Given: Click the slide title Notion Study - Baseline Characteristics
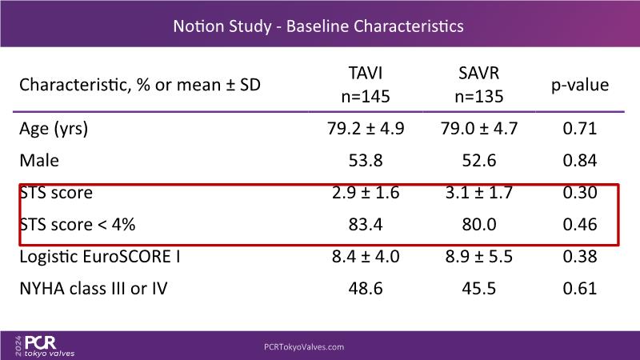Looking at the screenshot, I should click(319, 26).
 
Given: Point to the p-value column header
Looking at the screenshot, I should click(579, 84).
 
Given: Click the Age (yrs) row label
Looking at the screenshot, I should click(54, 129).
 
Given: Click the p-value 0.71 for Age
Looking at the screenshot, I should click(579, 129).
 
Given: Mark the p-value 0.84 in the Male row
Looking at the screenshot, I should click(579, 161).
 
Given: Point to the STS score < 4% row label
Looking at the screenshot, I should click(77, 225).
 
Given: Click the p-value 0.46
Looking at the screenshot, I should click(579, 225).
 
